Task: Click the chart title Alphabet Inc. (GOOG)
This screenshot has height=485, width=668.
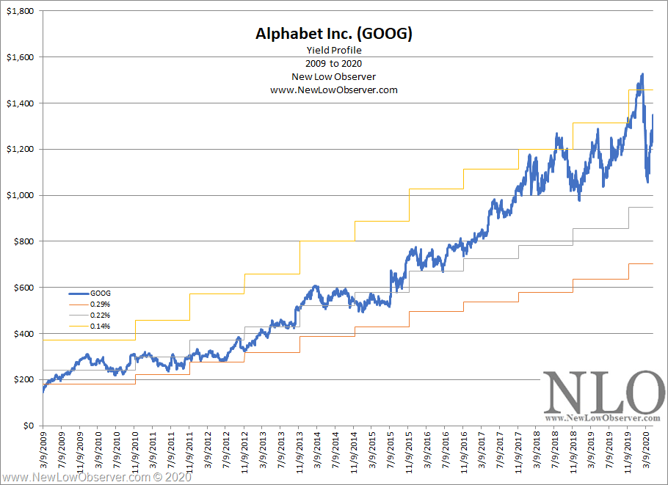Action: (x=334, y=34)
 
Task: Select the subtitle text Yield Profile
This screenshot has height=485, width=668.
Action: (x=334, y=51)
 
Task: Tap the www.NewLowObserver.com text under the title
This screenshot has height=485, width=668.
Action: (x=334, y=90)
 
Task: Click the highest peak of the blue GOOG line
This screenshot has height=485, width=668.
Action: (x=642, y=74)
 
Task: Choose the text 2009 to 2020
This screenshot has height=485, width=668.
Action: (x=334, y=64)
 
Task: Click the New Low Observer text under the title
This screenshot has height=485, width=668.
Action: (x=334, y=77)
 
